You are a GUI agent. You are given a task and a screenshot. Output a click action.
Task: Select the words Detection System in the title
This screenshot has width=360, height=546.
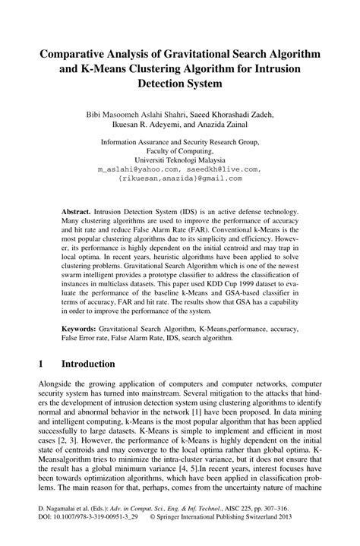pyautogui.click(x=179, y=83)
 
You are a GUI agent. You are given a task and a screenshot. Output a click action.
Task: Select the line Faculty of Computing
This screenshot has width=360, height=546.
pyautogui.click(x=179, y=151)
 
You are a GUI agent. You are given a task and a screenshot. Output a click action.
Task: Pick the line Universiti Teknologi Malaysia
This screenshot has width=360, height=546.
pyautogui.click(x=179, y=160)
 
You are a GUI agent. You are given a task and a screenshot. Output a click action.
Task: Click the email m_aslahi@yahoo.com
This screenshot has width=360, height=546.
pyautogui.click(x=137, y=169)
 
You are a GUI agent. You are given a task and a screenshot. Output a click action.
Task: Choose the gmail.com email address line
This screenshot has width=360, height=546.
pyautogui.click(x=179, y=178)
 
